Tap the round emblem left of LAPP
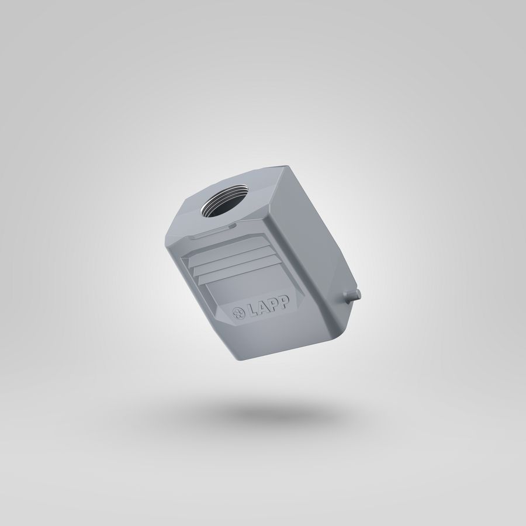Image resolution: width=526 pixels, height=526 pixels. (x=239, y=313)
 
